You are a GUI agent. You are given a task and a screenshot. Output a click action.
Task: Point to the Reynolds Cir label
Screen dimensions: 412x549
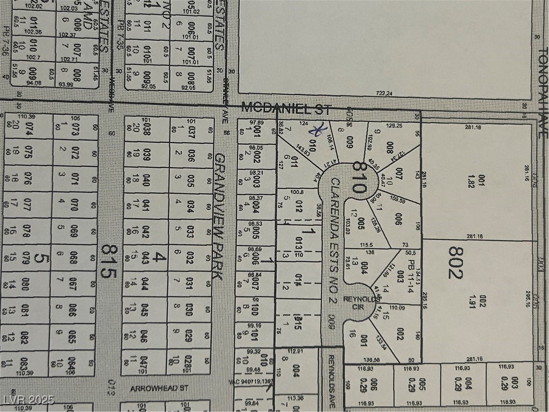point(354,304)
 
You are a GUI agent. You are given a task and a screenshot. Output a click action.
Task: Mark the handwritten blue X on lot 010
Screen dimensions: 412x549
point(321,129)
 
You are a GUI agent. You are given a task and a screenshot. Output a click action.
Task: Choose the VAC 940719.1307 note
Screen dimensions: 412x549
point(251,381)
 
